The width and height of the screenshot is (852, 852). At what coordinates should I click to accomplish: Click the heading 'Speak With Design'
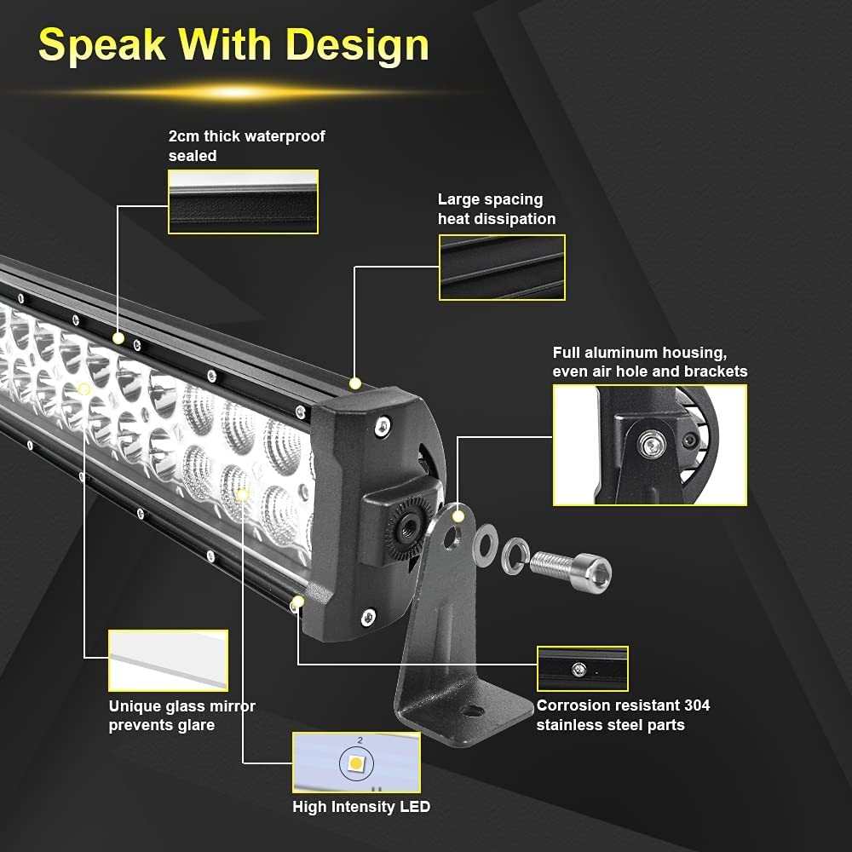(233, 44)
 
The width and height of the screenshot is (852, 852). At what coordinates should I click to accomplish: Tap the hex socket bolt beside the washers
(571, 565)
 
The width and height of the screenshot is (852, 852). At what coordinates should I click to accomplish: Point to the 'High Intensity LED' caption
(361, 807)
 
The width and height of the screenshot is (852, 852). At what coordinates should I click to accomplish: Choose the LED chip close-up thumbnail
(356, 763)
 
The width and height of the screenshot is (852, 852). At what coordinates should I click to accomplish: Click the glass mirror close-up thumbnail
(169, 660)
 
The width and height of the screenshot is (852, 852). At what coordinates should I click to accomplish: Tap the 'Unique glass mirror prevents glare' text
(181, 716)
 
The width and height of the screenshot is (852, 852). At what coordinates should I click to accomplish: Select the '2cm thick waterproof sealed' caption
(246, 146)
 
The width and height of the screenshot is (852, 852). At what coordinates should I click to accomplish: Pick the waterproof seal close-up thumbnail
(243, 202)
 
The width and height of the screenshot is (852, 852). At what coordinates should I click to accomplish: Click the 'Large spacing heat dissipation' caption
(497, 209)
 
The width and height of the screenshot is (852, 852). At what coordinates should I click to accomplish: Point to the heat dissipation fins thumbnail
(502, 268)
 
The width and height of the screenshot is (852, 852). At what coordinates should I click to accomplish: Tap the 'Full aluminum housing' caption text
(649, 361)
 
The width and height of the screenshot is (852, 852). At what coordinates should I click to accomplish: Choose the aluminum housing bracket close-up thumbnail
(649, 445)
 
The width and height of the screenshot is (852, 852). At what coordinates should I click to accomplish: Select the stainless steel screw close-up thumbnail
(582, 669)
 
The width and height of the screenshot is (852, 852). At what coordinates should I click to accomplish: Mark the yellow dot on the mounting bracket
(458, 515)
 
